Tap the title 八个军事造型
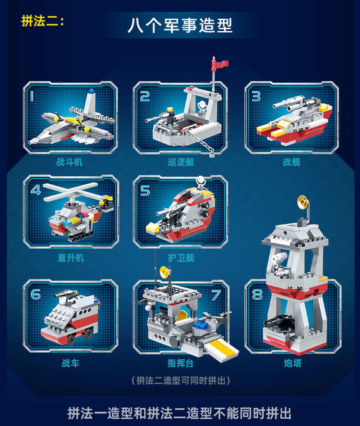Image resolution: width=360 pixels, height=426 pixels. point(180,25)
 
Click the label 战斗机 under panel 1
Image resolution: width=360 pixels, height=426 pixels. point(70,162)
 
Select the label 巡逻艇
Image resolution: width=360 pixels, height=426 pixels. point(181,162)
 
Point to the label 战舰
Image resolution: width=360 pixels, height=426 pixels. point(291,162)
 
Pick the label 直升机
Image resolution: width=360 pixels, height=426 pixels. point(71,257)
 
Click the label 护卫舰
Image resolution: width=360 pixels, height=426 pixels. point(181,257)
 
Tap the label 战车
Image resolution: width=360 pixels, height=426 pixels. point(71,363)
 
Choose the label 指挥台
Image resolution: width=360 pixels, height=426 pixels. point(180,363)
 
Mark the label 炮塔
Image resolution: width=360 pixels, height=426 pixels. point(293,363)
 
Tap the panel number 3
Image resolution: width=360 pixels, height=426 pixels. point(256,97)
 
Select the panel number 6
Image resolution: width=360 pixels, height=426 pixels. point(36,294)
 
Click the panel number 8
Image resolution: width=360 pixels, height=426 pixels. point(257,294)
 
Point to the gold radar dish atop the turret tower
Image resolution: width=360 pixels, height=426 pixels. point(303,202)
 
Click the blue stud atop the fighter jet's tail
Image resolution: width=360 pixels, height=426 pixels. point(91,91)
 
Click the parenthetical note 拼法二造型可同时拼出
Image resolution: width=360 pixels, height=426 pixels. point(181,381)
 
